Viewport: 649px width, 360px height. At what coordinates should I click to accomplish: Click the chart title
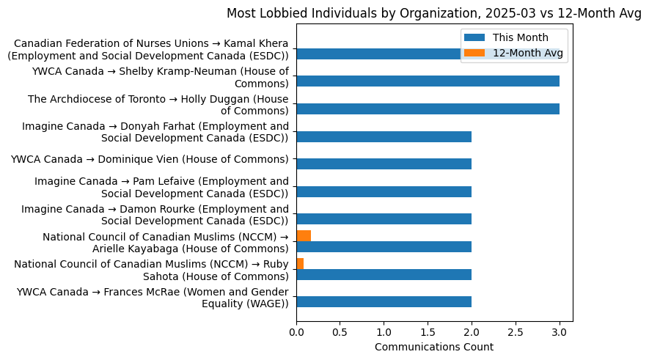pos(433,13)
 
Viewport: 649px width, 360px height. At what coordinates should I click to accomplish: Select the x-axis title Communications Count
pos(433,347)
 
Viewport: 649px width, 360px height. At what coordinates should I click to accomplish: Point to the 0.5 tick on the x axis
pos(340,332)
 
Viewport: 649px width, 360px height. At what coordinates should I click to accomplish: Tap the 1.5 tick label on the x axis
pos(428,332)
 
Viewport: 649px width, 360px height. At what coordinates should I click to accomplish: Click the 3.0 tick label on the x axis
pos(560,332)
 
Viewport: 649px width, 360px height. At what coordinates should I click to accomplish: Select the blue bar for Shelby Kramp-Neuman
pos(428,81)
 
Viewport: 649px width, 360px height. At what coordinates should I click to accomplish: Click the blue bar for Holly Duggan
pos(428,109)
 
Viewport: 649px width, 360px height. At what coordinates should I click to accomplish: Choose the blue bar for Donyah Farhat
pos(384,137)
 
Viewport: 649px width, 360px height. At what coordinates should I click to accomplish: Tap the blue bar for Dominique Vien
pos(384,164)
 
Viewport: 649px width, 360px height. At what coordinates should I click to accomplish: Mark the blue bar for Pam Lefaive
pos(384,192)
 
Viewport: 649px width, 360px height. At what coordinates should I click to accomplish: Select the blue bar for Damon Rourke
pos(384,219)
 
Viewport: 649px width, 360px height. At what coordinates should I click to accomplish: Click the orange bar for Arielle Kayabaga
pos(304,236)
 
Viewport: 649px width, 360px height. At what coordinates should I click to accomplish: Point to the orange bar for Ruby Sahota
pos(300,263)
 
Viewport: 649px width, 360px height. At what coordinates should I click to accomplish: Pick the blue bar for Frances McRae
pos(384,302)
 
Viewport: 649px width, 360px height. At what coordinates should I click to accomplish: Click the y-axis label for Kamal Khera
pos(151,50)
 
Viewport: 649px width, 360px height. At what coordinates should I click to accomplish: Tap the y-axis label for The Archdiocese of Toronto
pos(158,105)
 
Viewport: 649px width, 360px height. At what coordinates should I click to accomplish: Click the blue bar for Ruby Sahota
pos(384,274)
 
